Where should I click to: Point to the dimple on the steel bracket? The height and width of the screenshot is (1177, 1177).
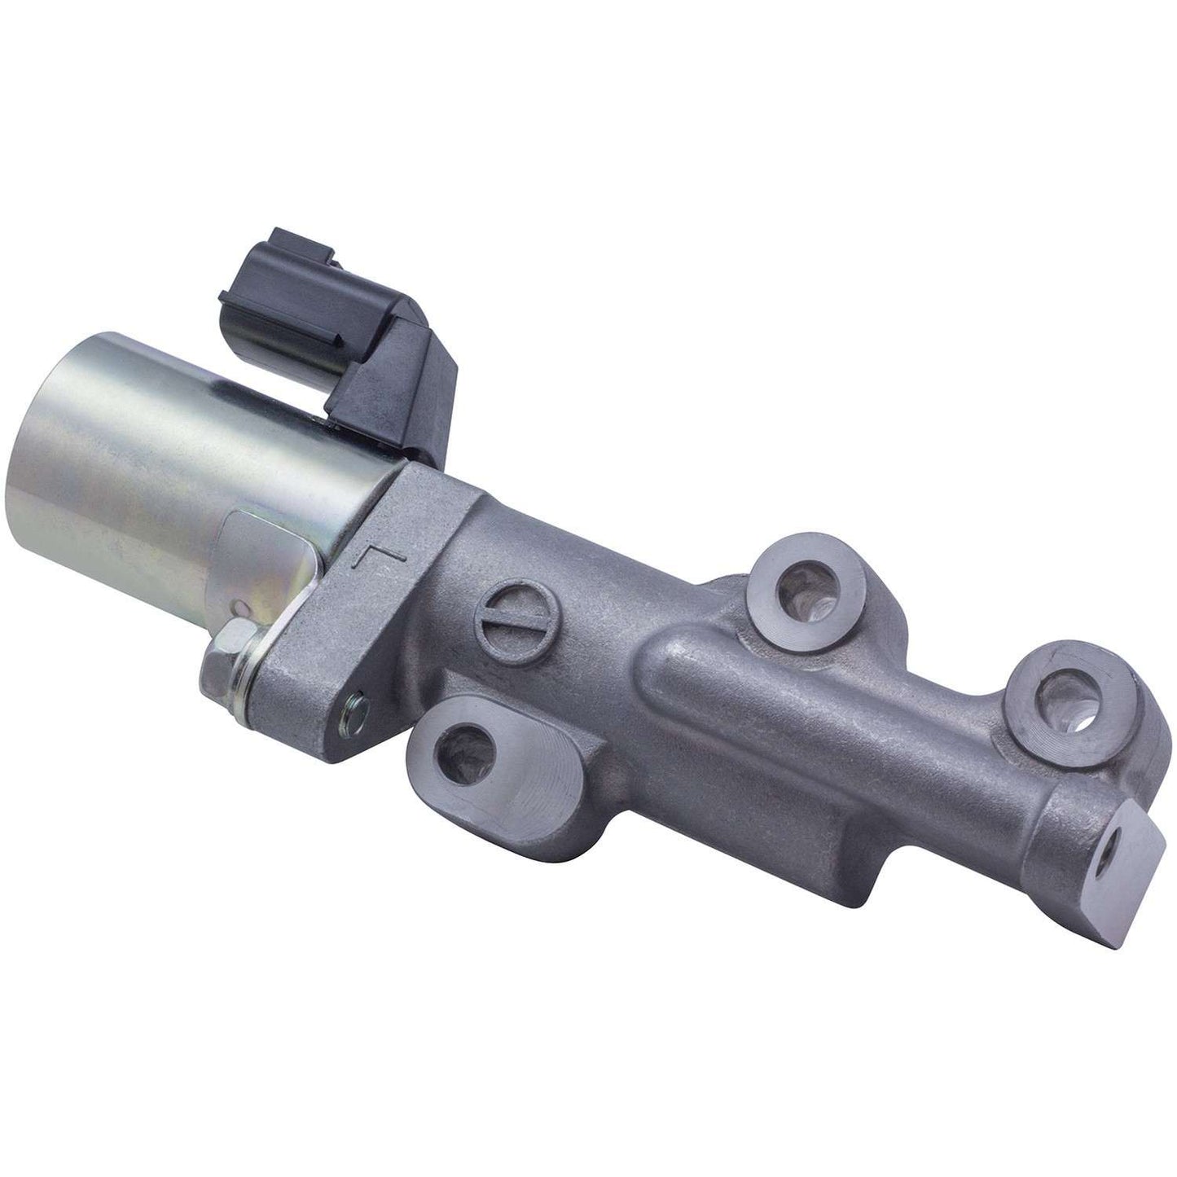click(x=239, y=607)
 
